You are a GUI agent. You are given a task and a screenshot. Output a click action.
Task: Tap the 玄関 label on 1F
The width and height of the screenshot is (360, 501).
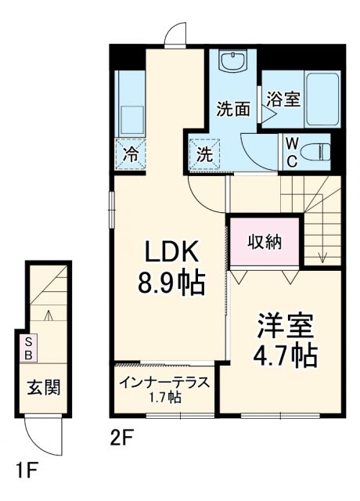pos(45,387)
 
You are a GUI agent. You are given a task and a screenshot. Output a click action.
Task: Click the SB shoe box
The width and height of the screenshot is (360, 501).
pos(28,348)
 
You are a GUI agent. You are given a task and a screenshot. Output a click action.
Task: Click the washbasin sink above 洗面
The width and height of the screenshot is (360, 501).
pos(232,62)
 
